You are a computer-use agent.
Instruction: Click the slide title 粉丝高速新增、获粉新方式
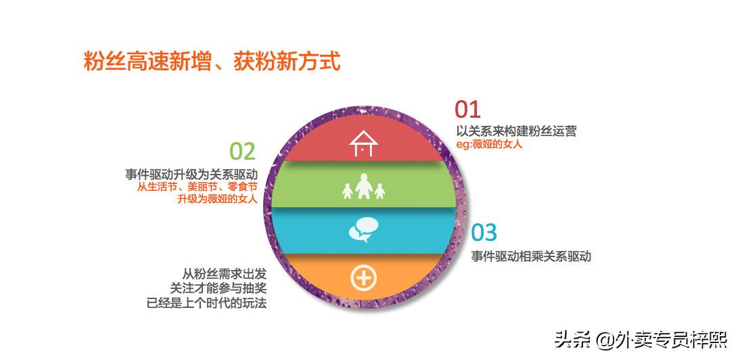tap(212, 61)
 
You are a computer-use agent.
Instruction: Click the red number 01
tap(467, 110)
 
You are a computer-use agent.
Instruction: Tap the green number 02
tap(242, 152)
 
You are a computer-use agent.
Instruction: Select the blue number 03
tap(484, 233)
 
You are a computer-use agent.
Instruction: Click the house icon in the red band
tap(363, 142)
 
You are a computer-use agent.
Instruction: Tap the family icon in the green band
tap(363, 187)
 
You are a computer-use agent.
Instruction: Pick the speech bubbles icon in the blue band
tap(363, 230)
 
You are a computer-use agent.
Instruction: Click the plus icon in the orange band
tap(363, 277)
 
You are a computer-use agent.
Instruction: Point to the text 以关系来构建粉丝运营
tap(516, 131)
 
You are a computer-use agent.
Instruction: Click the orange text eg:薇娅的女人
tap(489, 144)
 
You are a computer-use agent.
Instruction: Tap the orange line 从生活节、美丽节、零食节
tap(198, 187)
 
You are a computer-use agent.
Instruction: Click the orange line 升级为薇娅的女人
tap(217, 199)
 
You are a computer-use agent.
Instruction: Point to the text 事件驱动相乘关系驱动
tap(531, 256)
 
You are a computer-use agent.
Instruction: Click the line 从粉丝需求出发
tap(225, 274)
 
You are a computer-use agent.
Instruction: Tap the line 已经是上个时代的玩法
tap(206, 303)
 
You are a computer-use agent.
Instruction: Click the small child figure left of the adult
tap(347, 192)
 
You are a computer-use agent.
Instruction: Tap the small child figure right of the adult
tap(379, 192)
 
